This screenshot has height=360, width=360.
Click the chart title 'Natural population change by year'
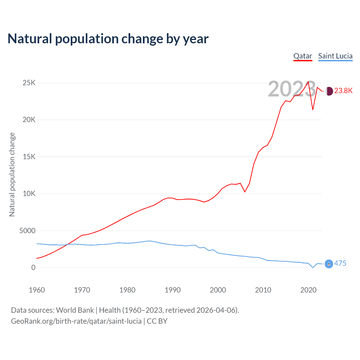coord(108,39)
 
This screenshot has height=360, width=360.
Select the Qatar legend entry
coord(303,56)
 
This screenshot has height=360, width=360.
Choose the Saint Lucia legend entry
coord(335,56)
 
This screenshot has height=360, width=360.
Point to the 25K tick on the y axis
coord(29,83)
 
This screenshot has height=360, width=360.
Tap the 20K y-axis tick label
coord(29,120)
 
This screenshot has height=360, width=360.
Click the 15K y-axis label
coord(29,157)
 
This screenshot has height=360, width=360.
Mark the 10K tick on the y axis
coord(29,194)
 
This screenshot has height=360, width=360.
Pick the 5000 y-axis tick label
coord(27,231)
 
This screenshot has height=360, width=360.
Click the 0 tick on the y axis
coord(33,267)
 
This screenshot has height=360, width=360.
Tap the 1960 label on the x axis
coord(37,290)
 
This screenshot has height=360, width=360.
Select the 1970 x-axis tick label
coord(82,290)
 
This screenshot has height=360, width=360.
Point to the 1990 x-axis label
coord(173,290)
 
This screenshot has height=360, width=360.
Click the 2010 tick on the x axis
coord(263,290)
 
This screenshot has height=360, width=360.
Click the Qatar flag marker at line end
coord(329,91)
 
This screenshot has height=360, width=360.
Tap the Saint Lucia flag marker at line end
coord(329,264)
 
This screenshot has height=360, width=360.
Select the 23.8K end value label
coord(343,91)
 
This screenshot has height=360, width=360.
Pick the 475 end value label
coord(340,264)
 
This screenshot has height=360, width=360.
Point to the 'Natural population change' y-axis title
coord(12,174)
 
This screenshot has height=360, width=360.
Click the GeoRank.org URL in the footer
coord(76,321)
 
